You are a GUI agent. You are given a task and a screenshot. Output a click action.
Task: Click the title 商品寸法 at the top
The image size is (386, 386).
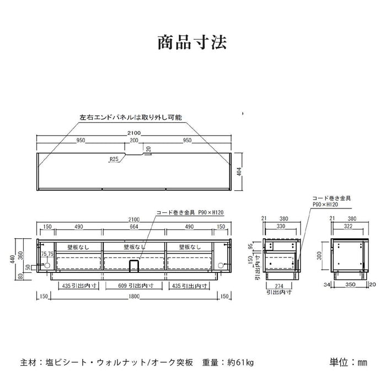[x=192, y=42]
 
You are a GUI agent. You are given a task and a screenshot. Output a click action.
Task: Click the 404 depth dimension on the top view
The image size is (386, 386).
[x=239, y=171]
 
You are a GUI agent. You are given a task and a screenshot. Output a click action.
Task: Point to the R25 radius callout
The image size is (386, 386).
[x=114, y=160]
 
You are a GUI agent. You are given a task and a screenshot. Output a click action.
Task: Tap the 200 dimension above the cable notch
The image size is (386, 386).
[x=134, y=141]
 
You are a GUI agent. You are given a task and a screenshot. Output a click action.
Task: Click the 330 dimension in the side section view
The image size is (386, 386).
[x=281, y=226]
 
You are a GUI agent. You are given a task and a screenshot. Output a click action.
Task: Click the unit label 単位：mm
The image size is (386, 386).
[x=349, y=362]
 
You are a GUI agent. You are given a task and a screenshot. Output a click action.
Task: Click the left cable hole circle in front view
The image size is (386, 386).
[x=46, y=265]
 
